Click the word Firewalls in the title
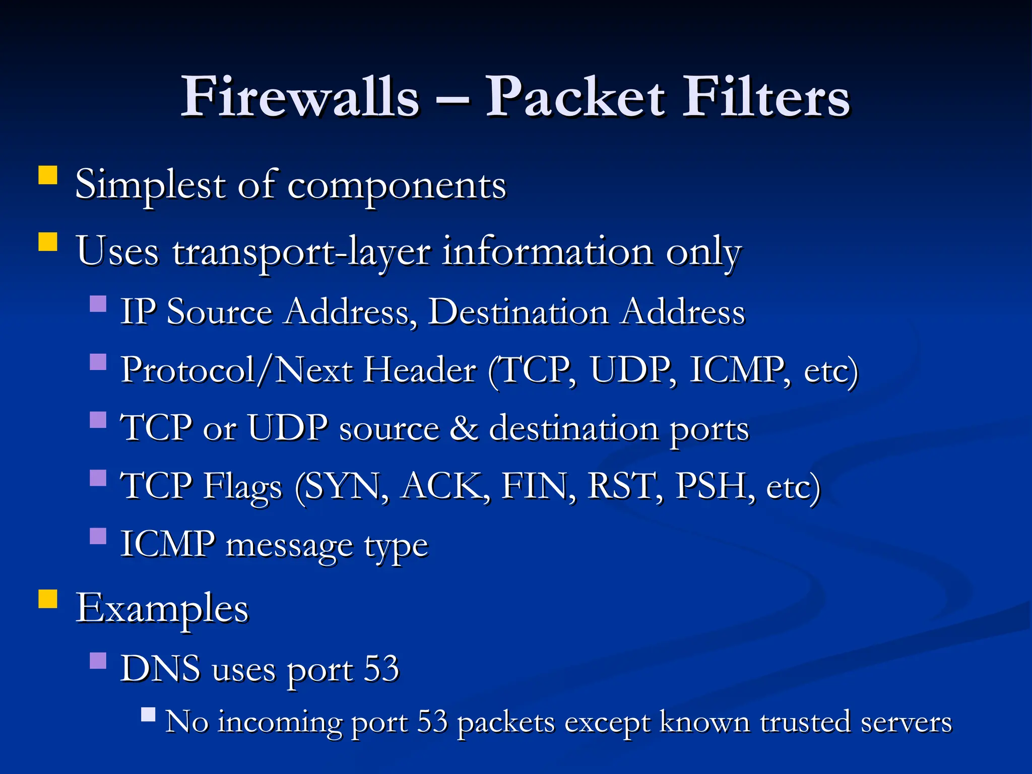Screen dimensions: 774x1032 300,97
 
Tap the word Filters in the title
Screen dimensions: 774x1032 766,97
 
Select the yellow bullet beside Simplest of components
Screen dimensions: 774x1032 48,176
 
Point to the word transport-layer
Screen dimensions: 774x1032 301,252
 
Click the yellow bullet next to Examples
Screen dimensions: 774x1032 48,599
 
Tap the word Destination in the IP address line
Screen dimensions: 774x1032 518,311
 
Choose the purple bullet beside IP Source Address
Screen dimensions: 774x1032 98,304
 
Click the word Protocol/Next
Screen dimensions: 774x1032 238,370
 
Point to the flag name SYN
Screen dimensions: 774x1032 347,486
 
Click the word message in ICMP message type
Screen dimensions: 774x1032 289,546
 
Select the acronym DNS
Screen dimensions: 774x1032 160,669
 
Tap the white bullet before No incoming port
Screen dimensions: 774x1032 148,715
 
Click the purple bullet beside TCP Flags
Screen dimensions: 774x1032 98,478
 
